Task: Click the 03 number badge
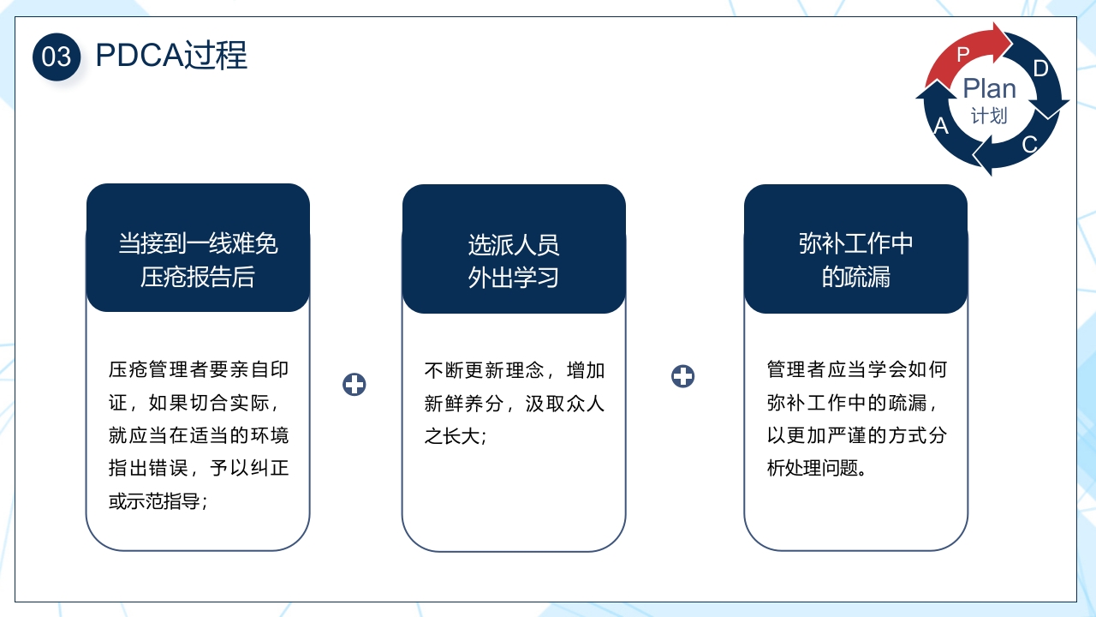point(57,57)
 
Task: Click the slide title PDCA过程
point(171,56)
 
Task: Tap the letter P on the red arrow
point(963,54)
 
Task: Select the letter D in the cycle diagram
point(1040,69)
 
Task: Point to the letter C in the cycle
point(1029,144)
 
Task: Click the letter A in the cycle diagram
point(941,127)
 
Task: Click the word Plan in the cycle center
point(989,88)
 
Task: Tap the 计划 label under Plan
point(989,116)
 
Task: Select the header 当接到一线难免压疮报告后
point(198,261)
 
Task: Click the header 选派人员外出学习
point(514,261)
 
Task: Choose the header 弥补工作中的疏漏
point(855,261)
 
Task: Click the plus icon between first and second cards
point(354,385)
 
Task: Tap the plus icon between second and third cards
point(682,376)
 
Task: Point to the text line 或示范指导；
point(159,501)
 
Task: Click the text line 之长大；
point(456,436)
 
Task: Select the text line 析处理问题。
point(817,469)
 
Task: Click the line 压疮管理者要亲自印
point(199,370)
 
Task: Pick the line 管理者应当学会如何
point(856,370)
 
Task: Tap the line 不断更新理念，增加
point(515,370)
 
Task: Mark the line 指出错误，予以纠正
point(199,469)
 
